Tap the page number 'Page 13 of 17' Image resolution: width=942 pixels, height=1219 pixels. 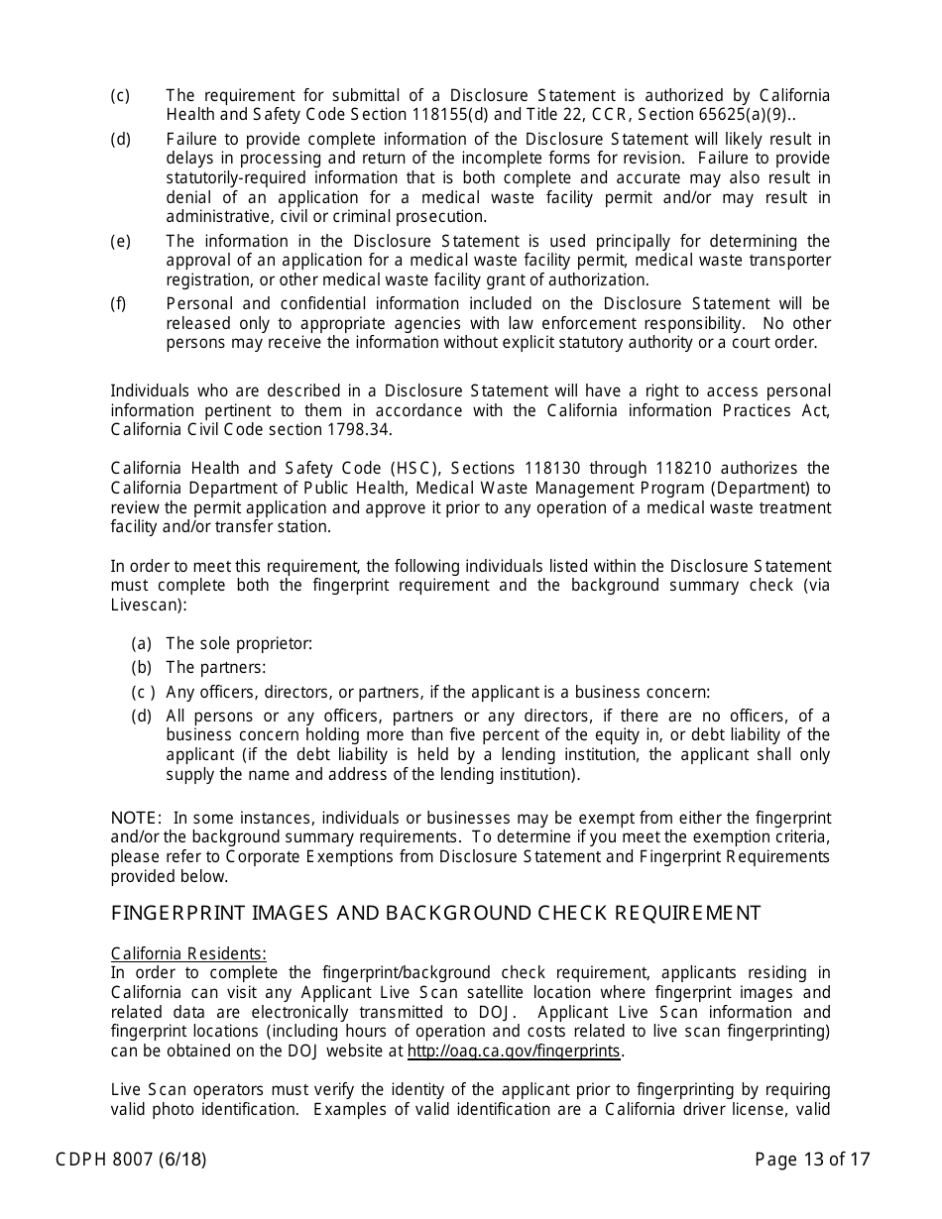(812, 1159)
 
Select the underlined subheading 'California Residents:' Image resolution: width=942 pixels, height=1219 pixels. (188, 954)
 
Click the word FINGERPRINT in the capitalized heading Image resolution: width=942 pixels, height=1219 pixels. (173, 913)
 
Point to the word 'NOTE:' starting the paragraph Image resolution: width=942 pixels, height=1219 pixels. (136, 818)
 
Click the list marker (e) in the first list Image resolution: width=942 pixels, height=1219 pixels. (120, 242)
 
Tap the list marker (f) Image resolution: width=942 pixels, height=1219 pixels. (118, 304)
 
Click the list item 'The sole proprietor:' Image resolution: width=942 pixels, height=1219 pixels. (239, 644)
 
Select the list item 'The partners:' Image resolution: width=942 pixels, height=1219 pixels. (216, 668)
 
